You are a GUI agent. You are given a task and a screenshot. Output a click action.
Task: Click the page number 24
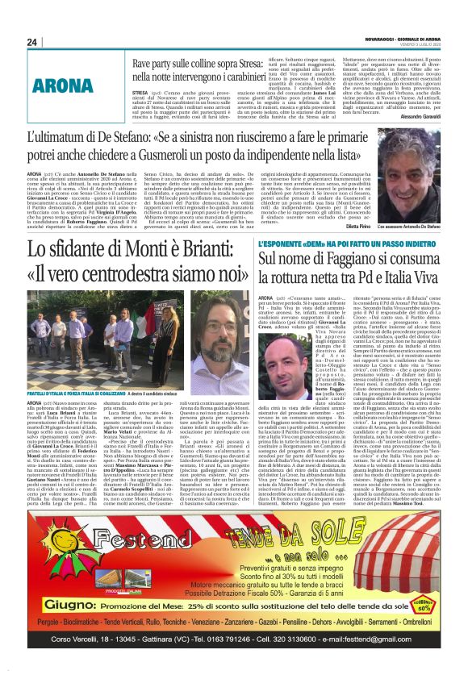click(32, 42)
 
